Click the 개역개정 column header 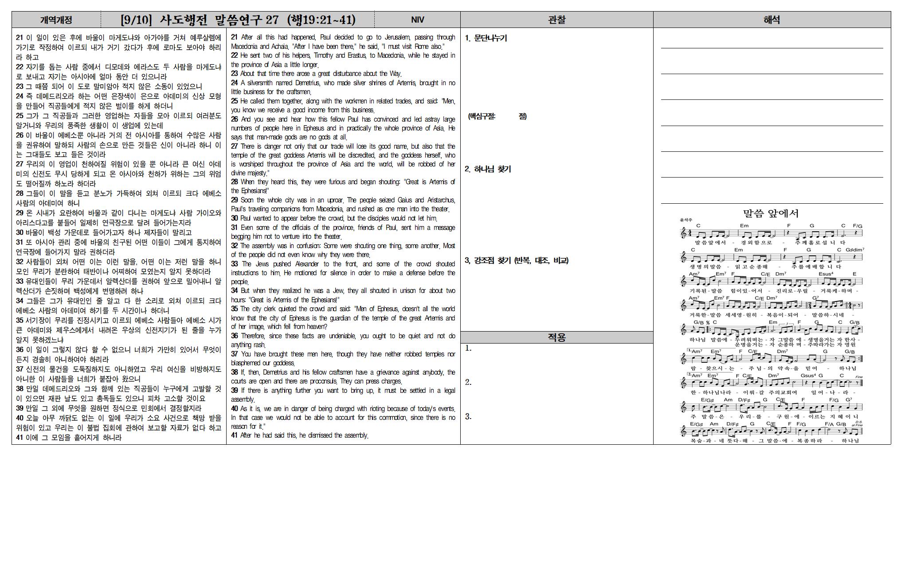tap(56, 20)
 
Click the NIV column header tap(417, 20)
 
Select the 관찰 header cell tap(556, 20)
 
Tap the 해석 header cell tap(772, 20)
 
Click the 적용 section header tap(556, 337)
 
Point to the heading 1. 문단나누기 tap(486, 38)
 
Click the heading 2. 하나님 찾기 tap(488, 169)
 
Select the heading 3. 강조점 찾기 tap(517, 261)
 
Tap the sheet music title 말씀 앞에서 tap(771, 213)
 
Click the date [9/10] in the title tap(136, 20)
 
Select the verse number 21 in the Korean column tap(20, 38)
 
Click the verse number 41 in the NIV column tap(235, 435)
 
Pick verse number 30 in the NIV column tap(235, 218)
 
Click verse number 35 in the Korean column tap(20, 320)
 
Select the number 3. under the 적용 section tap(468, 417)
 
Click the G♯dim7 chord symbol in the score tap(854, 250)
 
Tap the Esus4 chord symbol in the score tap(826, 274)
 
